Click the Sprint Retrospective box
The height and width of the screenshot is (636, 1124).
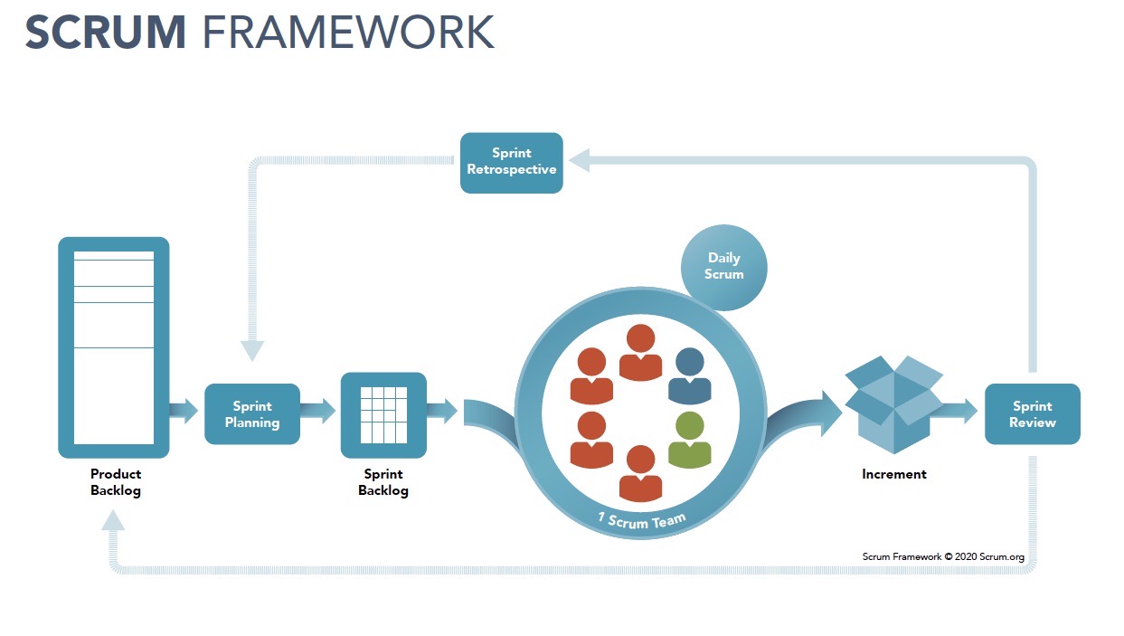(511, 163)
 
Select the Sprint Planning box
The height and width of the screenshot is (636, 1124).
(252, 414)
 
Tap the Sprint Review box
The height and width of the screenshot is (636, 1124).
(1032, 414)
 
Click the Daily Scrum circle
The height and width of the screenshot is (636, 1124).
(723, 267)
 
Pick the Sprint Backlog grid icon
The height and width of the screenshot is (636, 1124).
(383, 415)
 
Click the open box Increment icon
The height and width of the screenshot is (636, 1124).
(893, 404)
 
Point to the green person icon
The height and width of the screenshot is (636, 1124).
(689, 441)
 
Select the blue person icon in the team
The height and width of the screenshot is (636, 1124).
(689, 376)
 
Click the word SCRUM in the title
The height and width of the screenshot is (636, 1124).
(106, 33)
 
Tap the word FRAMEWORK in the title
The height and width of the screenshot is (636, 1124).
(349, 33)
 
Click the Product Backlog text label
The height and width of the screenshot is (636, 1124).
(116, 482)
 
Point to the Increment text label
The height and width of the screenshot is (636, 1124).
(893, 474)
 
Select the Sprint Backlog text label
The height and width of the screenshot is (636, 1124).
(383, 482)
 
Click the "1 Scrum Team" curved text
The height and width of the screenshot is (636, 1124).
(642, 521)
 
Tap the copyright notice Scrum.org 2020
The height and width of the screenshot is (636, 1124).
(943, 556)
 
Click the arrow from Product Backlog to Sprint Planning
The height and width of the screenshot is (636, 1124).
(184, 411)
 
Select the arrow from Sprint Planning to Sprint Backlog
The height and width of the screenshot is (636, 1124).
(317, 411)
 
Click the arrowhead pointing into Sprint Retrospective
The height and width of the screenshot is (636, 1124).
(580, 161)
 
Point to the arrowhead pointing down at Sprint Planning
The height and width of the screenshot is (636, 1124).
(252, 351)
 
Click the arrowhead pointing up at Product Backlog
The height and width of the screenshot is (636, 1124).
(113, 520)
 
